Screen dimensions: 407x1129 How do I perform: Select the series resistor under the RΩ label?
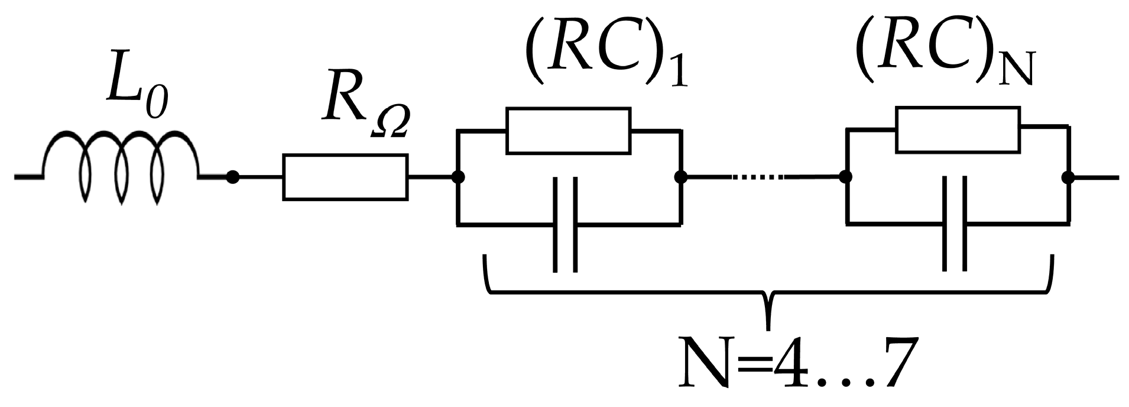[x=345, y=177]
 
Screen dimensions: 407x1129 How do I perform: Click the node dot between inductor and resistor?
[x=233, y=177]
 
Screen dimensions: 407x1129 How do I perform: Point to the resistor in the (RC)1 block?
[x=568, y=131]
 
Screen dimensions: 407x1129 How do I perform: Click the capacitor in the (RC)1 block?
[x=564, y=225]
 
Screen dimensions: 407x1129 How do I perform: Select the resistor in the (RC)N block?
[x=958, y=130]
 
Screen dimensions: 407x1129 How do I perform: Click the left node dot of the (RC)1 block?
[x=457, y=177]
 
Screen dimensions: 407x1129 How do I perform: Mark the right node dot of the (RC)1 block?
[x=680, y=177]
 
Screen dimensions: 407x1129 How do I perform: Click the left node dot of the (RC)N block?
[x=846, y=177]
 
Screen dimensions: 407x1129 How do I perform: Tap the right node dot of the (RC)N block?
[x=1068, y=177]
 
